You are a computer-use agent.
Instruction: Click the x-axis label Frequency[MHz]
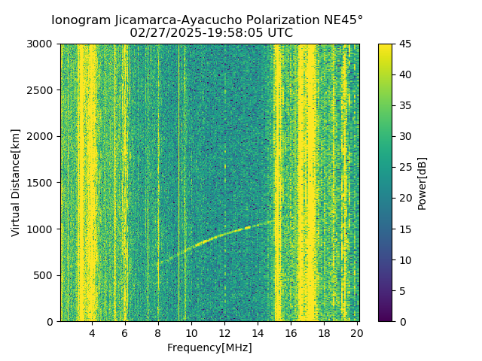click(x=209, y=347)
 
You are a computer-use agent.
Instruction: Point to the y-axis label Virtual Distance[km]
click(x=16, y=183)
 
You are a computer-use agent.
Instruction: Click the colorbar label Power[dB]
click(x=423, y=183)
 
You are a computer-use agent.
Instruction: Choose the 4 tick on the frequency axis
click(x=92, y=332)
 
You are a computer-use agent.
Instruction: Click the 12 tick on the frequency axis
click(x=224, y=332)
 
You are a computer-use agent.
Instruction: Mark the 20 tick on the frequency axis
click(x=357, y=332)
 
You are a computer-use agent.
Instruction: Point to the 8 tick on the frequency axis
click(x=158, y=332)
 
